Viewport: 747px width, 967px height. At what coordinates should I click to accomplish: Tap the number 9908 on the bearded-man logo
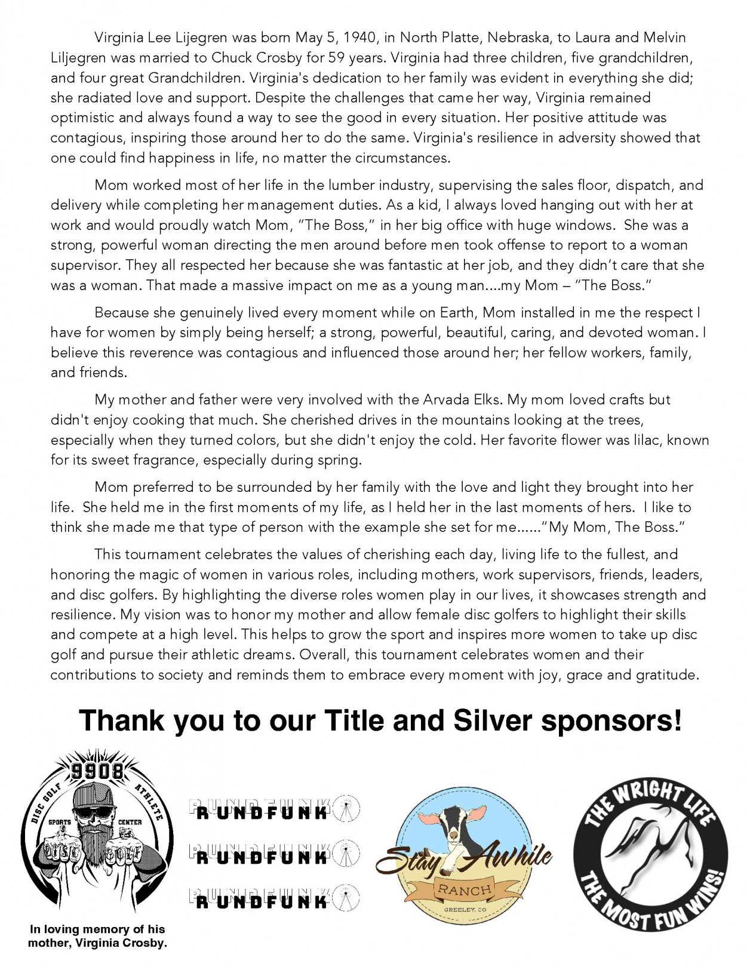pyautogui.click(x=97, y=771)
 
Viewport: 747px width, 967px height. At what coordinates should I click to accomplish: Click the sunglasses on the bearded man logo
pyautogui.click(x=97, y=812)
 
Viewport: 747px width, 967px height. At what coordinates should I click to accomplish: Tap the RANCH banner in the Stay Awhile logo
pyautogui.click(x=465, y=889)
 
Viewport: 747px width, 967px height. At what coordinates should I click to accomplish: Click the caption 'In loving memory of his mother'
pyautogui.click(x=97, y=936)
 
